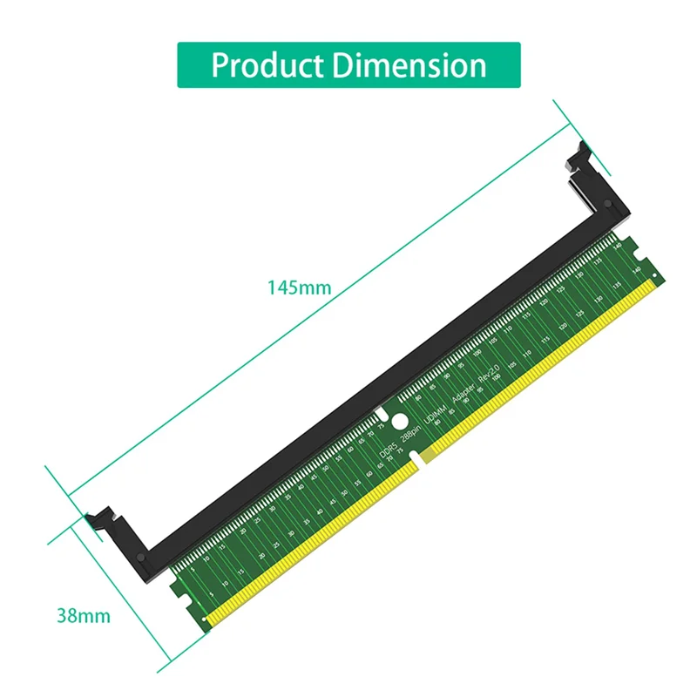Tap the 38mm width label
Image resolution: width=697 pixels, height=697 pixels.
point(84,616)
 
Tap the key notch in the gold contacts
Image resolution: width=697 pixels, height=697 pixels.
point(422,460)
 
